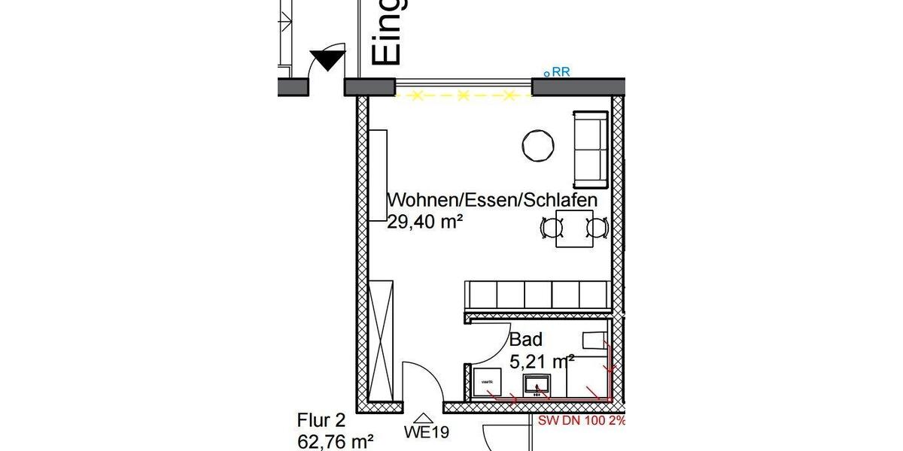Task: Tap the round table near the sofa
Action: pos(540,145)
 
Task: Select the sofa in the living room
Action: pos(590,150)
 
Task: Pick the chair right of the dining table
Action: pos(597,228)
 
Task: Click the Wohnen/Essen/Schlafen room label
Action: pos(492,201)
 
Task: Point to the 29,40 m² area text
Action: pos(424,222)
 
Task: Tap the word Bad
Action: pos(525,340)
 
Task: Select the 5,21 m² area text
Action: pos(542,362)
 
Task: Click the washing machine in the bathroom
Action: pos(487,382)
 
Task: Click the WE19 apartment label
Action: pos(427,432)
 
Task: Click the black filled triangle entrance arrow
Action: pos(327,59)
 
